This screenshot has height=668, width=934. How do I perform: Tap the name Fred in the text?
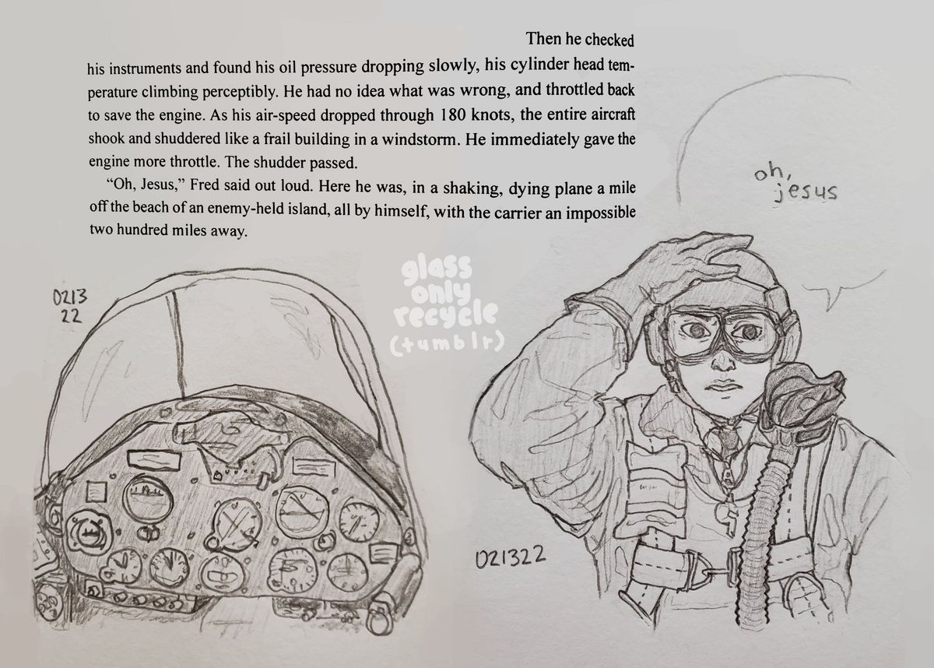tap(204, 185)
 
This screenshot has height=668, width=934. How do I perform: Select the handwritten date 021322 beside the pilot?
tap(510, 557)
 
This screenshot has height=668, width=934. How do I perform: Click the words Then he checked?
tap(580, 39)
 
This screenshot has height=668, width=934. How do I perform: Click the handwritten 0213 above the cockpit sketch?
tap(69, 297)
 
